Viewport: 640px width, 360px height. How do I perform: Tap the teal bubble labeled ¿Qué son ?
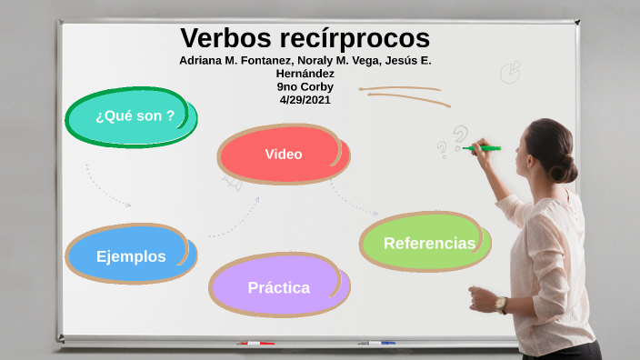point(133,115)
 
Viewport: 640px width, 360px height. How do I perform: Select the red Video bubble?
point(283,154)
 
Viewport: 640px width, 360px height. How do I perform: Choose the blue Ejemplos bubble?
point(131,255)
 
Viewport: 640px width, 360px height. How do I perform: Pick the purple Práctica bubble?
point(278,287)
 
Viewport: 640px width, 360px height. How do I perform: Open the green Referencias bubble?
point(427,243)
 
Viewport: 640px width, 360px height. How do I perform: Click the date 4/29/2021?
point(305,100)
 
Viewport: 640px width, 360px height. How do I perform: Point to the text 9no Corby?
point(305,87)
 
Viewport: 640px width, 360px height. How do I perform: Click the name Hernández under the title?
point(305,74)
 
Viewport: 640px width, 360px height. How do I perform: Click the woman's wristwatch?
point(501,304)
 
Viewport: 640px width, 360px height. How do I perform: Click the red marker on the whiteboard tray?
point(255,344)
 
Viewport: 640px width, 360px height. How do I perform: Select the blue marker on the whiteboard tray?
point(381,343)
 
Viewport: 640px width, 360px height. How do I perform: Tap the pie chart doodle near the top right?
point(511,70)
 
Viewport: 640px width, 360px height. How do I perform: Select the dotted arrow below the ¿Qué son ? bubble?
point(107,187)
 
